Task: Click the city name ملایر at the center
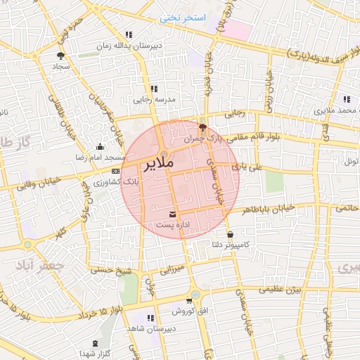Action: tap(159, 167)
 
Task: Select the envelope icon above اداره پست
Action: tap(173, 214)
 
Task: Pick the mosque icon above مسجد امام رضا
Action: tap(99, 146)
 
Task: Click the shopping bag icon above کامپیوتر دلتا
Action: tap(230, 234)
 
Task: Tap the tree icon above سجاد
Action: tap(60, 54)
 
